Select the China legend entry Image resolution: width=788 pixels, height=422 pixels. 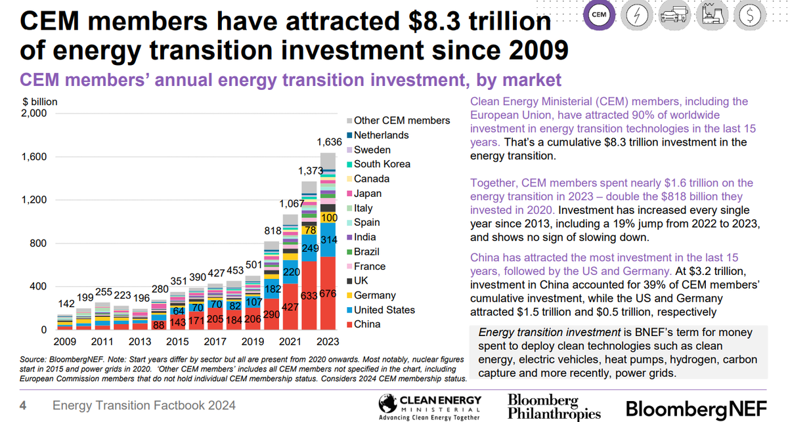(x=367, y=324)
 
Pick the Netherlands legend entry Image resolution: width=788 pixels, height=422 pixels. (x=381, y=135)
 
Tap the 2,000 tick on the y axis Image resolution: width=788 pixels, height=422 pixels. (x=34, y=114)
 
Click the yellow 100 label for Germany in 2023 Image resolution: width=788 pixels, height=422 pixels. (x=328, y=217)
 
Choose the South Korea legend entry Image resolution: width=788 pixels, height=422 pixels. (x=382, y=164)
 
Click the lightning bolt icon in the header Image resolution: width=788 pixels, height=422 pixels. (x=637, y=17)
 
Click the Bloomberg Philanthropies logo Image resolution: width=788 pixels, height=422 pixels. (x=554, y=407)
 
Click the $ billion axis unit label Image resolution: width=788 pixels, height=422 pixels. (x=39, y=102)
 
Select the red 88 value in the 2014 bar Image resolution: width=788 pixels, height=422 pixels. (x=158, y=324)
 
